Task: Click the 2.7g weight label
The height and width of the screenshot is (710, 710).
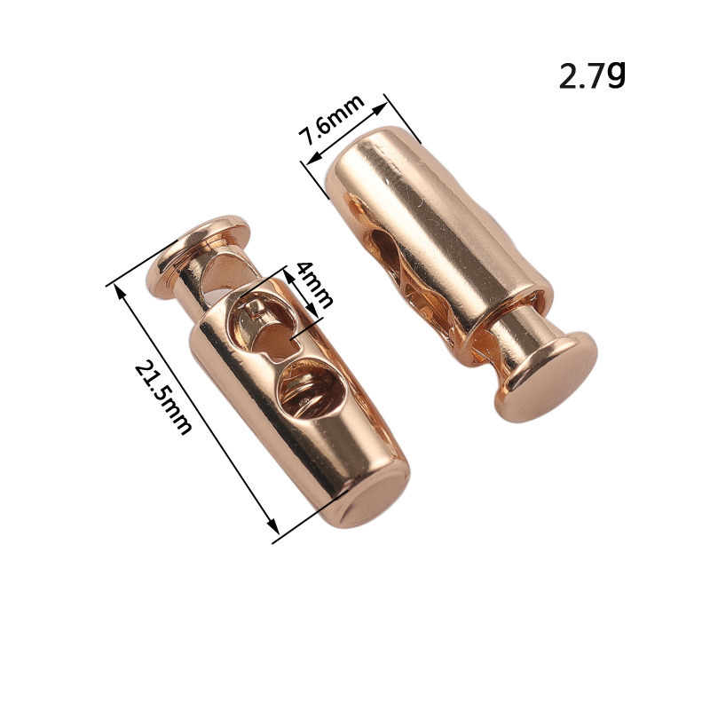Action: (x=592, y=75)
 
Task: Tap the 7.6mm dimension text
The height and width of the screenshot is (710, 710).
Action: (x=333, y=120)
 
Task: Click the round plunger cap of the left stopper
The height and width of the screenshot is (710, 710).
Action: (x=198, y=256)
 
